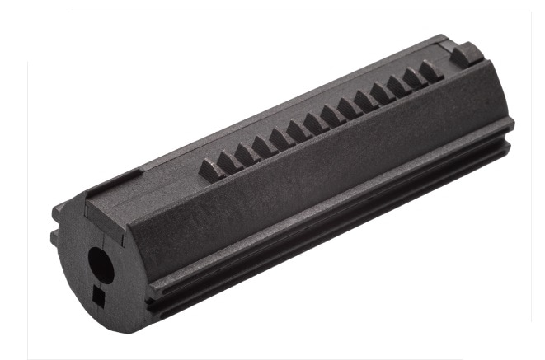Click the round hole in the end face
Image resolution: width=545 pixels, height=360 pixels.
point(99,264)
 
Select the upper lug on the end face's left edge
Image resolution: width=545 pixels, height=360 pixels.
point(58,213)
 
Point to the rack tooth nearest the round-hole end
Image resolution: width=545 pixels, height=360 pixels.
point(211,168)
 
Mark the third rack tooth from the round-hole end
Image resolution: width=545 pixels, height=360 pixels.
point(245,152)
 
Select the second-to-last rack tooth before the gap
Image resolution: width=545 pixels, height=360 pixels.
point(413,77)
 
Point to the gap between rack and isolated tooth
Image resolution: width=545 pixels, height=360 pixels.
point(448,64)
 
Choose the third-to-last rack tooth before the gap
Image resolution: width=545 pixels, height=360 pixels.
point(397,85)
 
